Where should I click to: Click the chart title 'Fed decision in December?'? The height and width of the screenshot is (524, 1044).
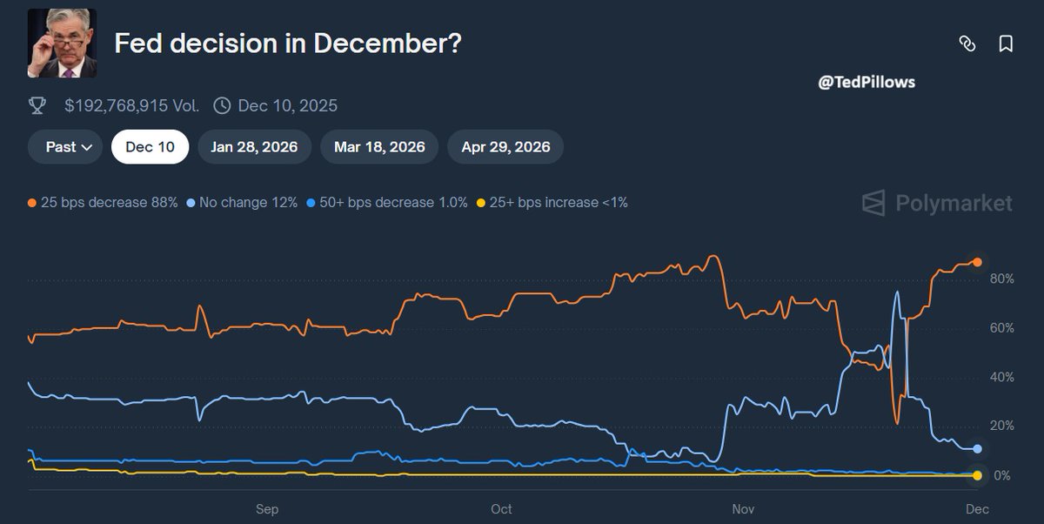[x=288, y=44]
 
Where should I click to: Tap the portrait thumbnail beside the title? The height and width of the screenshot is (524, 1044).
[x=62, y=44]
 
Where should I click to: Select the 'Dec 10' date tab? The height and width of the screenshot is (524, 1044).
[x=150, y=147]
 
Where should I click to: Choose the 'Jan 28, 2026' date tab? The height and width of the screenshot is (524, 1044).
[x=254, y=147]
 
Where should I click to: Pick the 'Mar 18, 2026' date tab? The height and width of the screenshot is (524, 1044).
[x=379, y=147]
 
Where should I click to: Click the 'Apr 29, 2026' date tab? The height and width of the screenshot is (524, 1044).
[x=505, y=147]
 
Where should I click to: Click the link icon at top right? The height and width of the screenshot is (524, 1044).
[x=967, y=44]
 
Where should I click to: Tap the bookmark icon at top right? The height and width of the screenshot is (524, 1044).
[x=1006, y=44]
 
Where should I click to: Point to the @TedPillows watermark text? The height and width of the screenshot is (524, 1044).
[x=867, y=83]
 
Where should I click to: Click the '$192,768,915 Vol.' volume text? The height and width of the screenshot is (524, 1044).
[x=131, y=106]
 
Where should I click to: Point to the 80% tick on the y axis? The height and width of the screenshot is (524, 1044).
[x=1001, y=279]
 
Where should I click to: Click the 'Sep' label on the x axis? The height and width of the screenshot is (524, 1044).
[x=266, y=509]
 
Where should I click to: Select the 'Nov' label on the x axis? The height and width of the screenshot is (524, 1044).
[x=742, y=509]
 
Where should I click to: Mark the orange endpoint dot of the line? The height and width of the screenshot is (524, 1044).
[x=977, y=262]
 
